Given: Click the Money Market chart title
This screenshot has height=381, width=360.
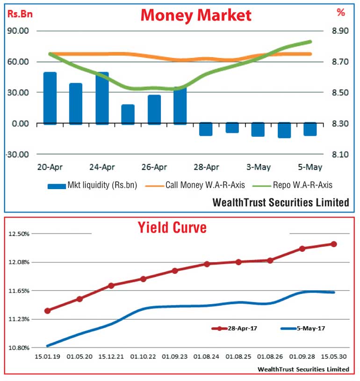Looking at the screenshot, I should [196, 15].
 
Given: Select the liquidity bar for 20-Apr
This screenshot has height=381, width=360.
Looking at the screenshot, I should [50, 98].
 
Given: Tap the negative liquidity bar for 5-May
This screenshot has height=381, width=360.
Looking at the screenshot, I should [310, 129].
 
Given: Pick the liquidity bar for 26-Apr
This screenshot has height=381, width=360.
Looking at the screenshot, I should [154, 110].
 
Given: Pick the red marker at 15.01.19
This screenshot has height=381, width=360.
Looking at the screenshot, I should [48, 310].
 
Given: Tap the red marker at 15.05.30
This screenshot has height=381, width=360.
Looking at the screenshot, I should [334, 244].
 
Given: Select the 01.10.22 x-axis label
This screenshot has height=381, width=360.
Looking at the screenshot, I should [143, 357].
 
